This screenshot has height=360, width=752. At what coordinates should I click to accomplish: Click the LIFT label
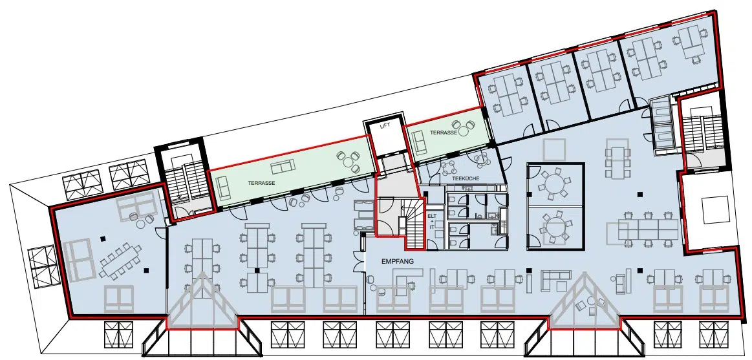pyautogui.click(x=385, y=125)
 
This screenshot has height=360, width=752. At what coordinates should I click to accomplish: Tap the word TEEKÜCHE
pyautogui.click(x=466, y=178)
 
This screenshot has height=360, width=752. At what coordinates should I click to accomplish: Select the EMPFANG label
pyautogui.click(x=397, y=262)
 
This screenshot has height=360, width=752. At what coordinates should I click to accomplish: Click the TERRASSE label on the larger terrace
pyautogui.click(x=257, y=183)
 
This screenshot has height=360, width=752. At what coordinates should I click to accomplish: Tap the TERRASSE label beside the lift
pyautogui.click(x=443, y=132)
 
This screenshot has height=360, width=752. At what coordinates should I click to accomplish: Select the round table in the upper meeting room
pyautogui.click(x=555, y=183)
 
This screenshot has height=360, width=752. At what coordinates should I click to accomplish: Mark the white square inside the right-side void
pyautogui.click(x=715, y=210)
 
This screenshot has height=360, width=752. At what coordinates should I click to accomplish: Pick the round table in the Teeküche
pyautogui.click(x=451, y=167)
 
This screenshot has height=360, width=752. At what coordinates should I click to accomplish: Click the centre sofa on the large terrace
pyautogui.click(x=283, y=167)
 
